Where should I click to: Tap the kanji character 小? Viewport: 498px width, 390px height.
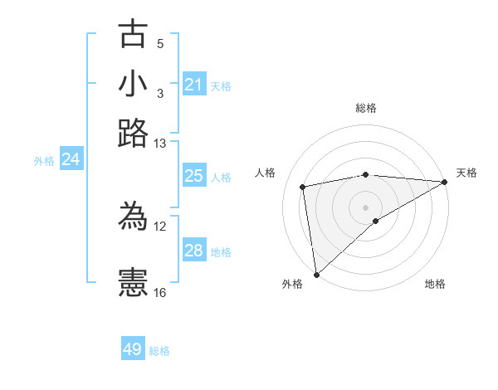click(x=133, y=84)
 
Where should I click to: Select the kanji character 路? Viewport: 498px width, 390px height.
click(x=133, y=133)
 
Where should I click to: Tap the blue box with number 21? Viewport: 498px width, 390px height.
click(x=193, y=85)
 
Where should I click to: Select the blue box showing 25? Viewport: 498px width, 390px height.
click(x=193, y=176)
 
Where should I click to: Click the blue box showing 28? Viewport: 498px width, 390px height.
click(x=193, y=251)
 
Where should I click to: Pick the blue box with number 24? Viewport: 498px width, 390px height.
click(x=71, y=159)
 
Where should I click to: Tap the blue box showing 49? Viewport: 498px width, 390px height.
click(x=133, y=349)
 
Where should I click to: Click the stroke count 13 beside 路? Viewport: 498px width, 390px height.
click(x=160, y=144)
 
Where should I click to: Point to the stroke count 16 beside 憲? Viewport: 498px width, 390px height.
click(x=160, y=292)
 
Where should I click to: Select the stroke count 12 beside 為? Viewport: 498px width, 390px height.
click(x=160, y=226)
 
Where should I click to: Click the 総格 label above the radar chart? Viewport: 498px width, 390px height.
click(x=366, y=108)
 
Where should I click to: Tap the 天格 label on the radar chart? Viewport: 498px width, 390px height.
click(x=466, y=173)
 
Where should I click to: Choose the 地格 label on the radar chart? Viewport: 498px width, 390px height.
click(x=435, y=284)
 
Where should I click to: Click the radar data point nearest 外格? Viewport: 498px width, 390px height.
click(x=316, y=274)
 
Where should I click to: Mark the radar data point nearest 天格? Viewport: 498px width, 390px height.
click(x=445, y=182)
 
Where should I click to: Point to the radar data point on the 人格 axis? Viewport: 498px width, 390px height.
click(x=304, y=187)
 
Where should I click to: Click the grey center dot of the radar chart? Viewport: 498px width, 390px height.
click(x=366, y=206)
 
